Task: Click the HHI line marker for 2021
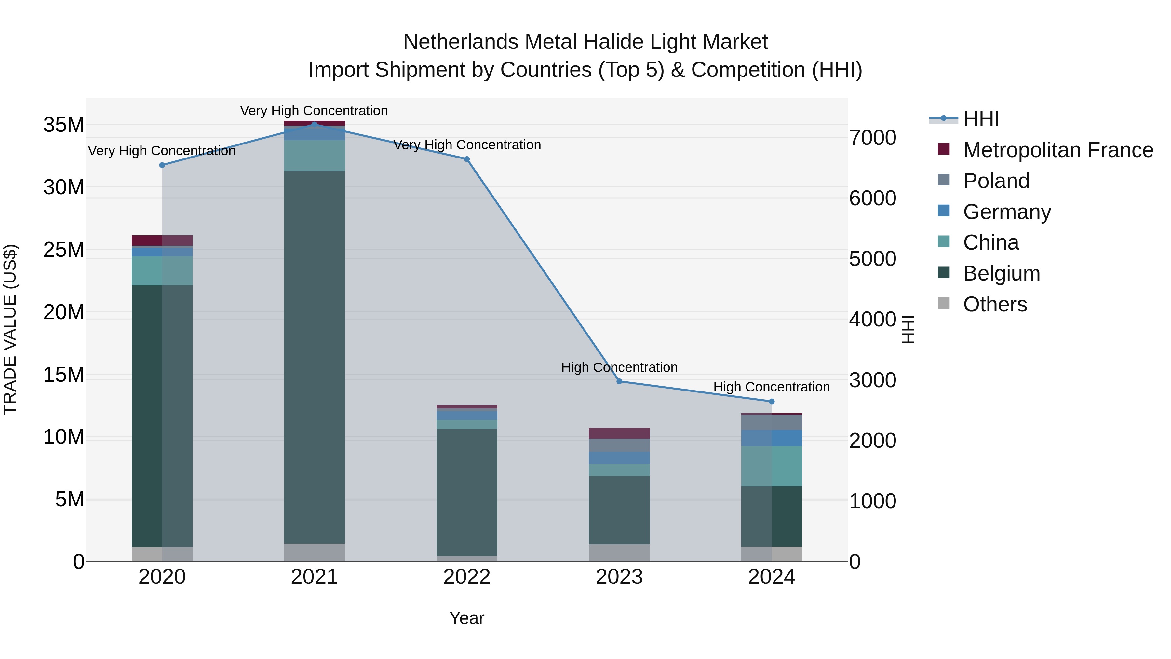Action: pyautogui.click(x=314, y=124)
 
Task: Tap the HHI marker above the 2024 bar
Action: pyautogui.click(x=772, y=402)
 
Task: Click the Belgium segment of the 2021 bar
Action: pyautogui.click(x=314, y=357)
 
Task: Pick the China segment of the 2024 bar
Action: pyautogui.click(x=772, y=466)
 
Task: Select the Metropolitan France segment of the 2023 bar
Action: pyautogui.click(x=619, y=433)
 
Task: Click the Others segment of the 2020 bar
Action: pyautogui.click(x=162, y=554)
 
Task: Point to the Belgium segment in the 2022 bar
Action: pyautogui.click(x=467, y=492)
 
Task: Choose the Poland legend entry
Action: pyautogui.click(x=996, y=181)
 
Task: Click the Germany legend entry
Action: pyautogui.click(x=1006, y=212)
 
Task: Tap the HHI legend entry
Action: pyautogui.click(x=980, y=119)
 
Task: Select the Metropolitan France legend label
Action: pyautogui.click(x=1058, y=150)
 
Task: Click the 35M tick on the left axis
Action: pyautogui.click(x=64, y=125)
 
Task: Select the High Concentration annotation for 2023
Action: pyautogui.click(x=619, y=367)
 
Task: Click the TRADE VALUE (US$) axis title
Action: pyautogui.click(x=10, y=329)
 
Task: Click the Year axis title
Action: pyautogui.click(x=467, y=618)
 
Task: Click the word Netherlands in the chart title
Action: pyautogui.click(x=460, y=42)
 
